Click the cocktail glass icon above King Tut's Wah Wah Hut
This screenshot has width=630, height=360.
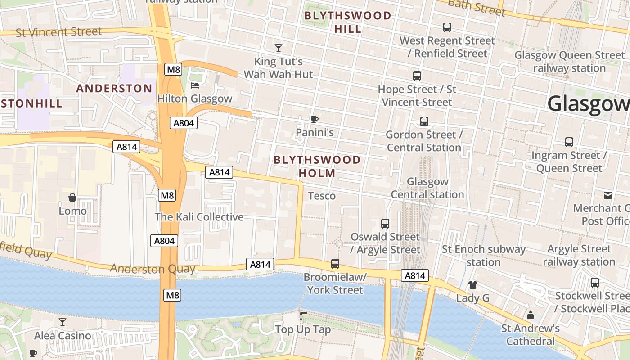279,48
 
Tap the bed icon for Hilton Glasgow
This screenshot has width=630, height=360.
195,85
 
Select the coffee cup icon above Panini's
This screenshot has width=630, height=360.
315,119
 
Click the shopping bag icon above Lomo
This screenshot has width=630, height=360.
72,198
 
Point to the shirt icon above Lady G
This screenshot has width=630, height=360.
472,284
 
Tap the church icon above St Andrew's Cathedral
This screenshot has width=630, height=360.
531,315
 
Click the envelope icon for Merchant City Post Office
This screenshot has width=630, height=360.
608,195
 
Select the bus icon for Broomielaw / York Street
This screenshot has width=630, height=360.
335,264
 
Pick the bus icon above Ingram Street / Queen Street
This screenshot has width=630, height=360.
569,142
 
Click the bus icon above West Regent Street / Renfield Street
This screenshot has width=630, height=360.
447,27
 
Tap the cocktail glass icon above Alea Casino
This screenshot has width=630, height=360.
63,322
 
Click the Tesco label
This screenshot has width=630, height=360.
322,196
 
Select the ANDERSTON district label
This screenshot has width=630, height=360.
114,88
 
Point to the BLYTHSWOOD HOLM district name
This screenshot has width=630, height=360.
317,166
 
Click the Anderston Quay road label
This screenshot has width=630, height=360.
153,269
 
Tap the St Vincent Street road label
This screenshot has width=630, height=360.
58,32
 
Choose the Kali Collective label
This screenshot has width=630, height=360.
199,217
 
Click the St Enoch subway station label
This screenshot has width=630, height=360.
484,256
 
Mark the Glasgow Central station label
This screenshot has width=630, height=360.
427,188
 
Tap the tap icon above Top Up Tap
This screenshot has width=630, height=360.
303,316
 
